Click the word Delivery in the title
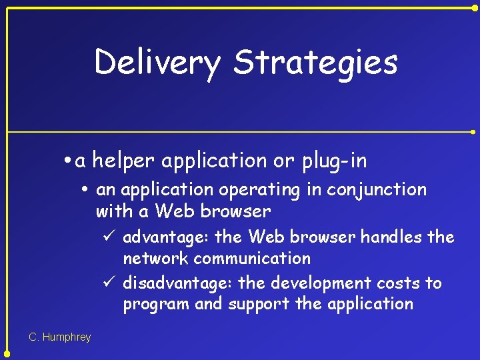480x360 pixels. tap(157, 63)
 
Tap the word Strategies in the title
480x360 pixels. tap(315, 63)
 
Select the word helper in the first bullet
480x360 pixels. tap(124, 161)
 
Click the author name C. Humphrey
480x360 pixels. tap(60, 337)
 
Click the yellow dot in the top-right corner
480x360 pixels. tap(475, 7)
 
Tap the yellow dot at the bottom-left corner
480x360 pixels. tap(7, 353)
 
